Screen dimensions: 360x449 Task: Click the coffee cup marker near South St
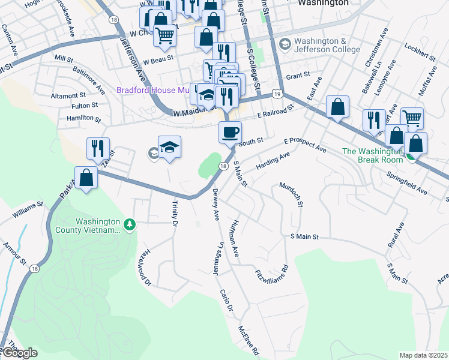(229, 132)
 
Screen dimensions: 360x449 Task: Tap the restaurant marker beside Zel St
(97, 148)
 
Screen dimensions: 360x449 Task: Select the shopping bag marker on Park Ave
(87, 178)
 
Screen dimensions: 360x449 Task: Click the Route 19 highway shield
(276, 94)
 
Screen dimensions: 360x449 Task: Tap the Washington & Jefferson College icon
(285, 44)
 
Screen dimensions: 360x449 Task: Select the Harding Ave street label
(273, 161)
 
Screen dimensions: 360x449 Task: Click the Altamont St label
(68, 95)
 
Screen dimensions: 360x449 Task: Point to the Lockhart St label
(418, 46)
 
